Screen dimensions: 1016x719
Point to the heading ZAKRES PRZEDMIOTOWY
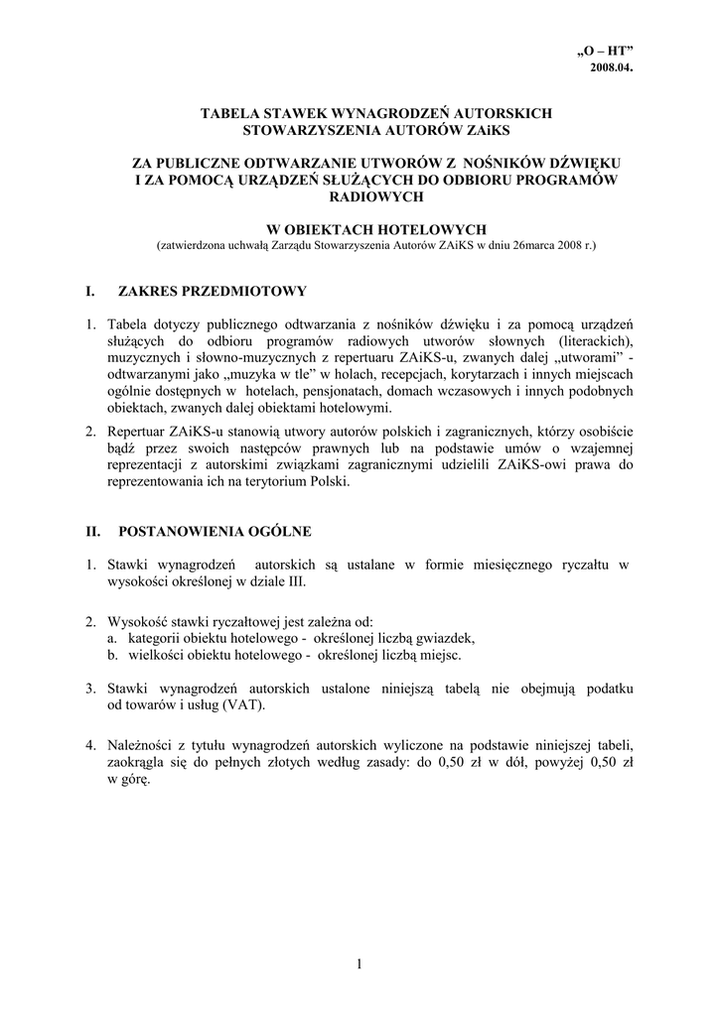click(213, 291)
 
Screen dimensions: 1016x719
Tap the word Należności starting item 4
click(141, 744)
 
